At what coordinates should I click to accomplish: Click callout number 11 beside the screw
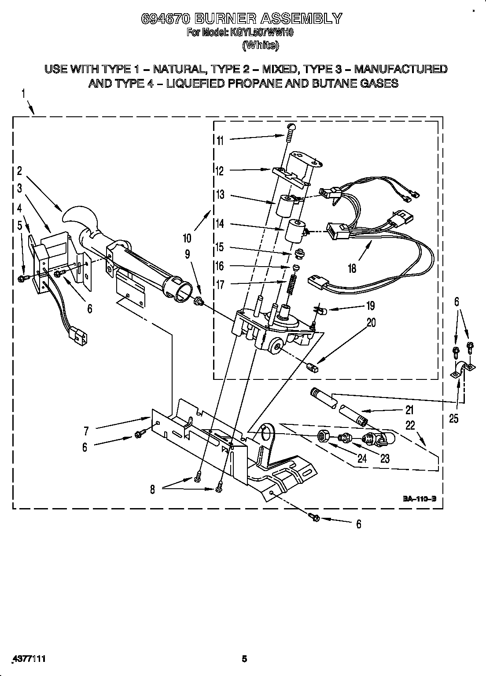(x=221, y=141)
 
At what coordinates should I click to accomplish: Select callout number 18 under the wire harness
(x=352, y=267)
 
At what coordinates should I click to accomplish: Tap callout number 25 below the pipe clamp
(x=454, y=418)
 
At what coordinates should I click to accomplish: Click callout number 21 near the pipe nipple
(x=409, y=410)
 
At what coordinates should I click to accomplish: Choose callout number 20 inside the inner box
(x=371, y=323)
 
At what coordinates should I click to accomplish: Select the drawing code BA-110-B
(x=419, y=499)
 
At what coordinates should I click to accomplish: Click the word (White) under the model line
(x=261, y=45)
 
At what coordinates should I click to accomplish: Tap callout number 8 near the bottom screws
(x=152, y=490)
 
